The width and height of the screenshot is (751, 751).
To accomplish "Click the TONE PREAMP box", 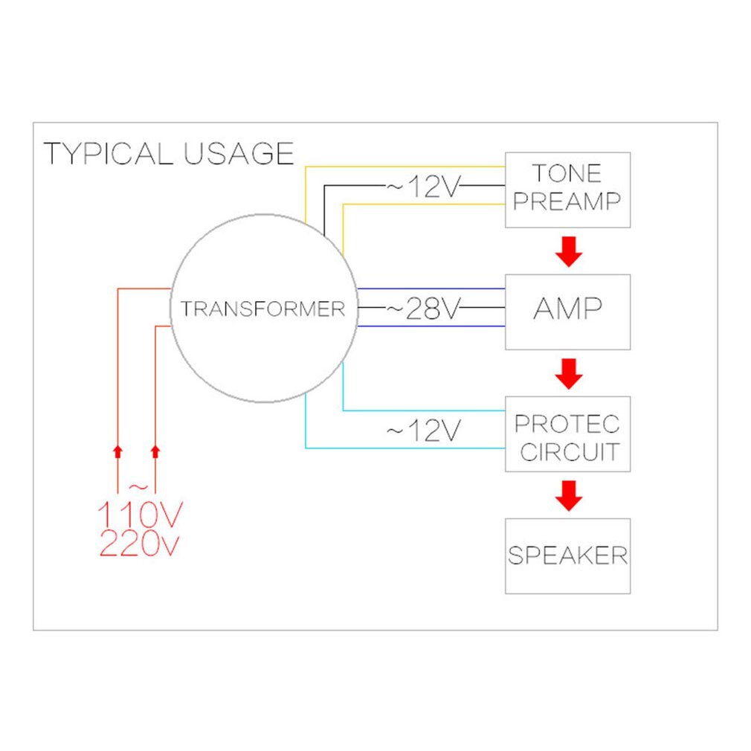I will click(567, 190).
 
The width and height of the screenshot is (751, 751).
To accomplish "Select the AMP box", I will click(567, 312).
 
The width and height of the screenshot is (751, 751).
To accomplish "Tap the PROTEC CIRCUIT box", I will click(567, 433).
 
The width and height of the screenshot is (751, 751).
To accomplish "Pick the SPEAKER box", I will click(567, 555).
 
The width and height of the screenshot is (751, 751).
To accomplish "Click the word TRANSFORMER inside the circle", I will click(263, 309).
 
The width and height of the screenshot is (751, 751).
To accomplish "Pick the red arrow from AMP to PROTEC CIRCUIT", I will click(570, 373).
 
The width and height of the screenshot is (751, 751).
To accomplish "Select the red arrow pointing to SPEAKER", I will click(570, 495).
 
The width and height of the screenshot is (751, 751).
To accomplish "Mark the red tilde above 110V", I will click(138, 488).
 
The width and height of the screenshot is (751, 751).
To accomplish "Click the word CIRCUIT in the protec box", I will click(570, 451).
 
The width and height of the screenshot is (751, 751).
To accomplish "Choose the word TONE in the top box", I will click(567, 173).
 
